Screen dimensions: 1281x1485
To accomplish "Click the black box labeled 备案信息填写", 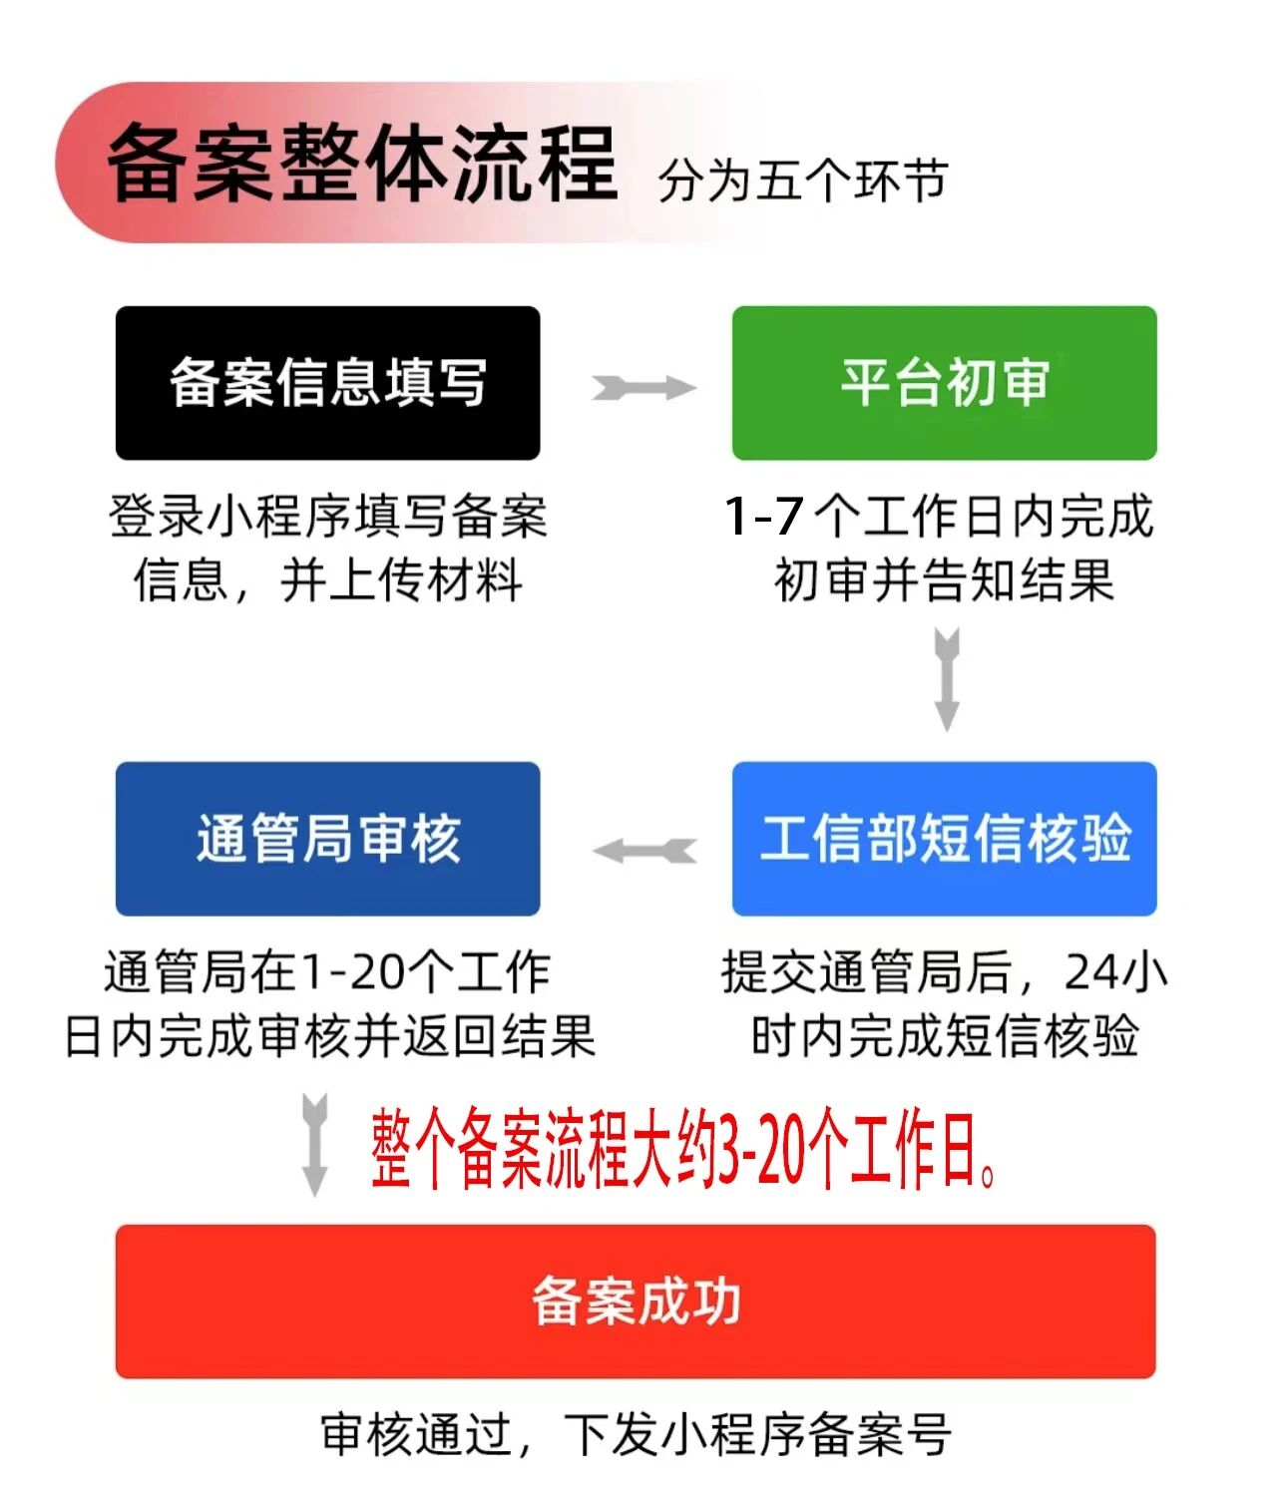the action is pyautogui.click(x=327, y=383).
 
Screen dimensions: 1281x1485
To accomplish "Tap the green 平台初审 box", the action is pyautogui.click(x=944, y=383).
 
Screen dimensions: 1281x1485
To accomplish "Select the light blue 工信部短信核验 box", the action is pyautogui.click(x=944, y=839).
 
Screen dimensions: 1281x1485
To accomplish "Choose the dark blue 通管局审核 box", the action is pyautogui.click(x=327, y=839).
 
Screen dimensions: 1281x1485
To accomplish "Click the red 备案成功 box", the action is pyautogui.click(x=636, y=1301).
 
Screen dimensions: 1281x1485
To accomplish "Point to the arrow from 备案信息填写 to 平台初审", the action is pyautogui.click(x=643, y=388).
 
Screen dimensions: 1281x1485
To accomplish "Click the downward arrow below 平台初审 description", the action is pyautogui.click(x=947, y=679).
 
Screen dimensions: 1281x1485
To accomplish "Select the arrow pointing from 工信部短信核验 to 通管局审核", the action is pyautogui.click(x=643, y=851).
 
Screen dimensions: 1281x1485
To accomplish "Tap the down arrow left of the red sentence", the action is pyautogui.click(x=314, y=1143).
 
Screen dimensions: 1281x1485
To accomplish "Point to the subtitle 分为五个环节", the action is pyautogui.click(x=802, y=181).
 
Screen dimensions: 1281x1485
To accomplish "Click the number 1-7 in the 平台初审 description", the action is pyautogui.click(x=764, y=517).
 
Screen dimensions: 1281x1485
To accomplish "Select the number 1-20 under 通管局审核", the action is pyautogui.click(x=353, y=972).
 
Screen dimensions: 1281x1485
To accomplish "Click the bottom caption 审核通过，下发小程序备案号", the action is pyautogui.click(x=636, y=1434).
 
